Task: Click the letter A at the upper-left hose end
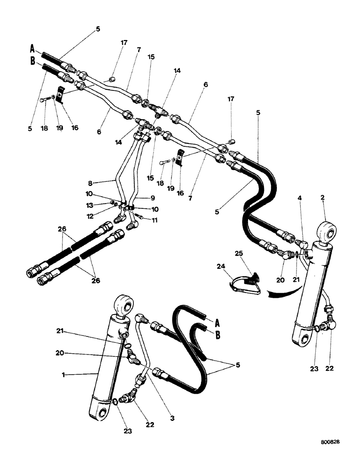coord(33,48)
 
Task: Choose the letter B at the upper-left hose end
coord(33,61)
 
